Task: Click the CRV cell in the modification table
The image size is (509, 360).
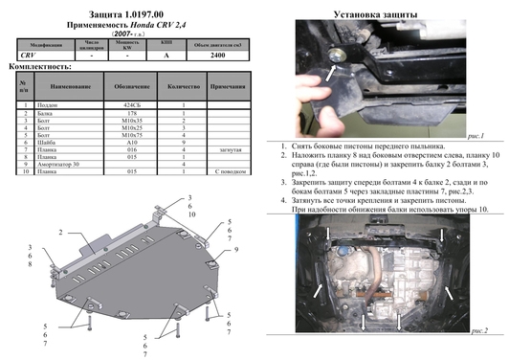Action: [x=31, y=56]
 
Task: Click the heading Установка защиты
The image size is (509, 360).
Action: [x=381, y=14]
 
